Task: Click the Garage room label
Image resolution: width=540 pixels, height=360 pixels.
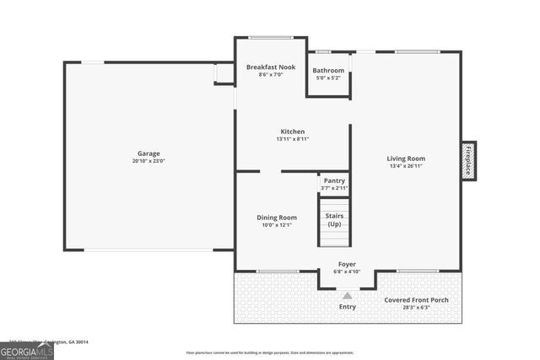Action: tap(148, 153)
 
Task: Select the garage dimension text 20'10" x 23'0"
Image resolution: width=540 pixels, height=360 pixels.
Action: tap(148, 160)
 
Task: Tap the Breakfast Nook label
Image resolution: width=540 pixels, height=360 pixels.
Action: tap(270, 67)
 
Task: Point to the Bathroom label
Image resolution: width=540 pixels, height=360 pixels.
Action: tap(328, 70)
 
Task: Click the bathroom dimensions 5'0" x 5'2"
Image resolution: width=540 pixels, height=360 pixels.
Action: tap(328, 78)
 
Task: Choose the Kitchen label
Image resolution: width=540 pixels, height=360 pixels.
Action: tap(293, 132)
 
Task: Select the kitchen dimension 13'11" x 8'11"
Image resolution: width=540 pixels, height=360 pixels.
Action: tap(293, 139)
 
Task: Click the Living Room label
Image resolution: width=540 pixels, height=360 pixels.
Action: tap(406, 159)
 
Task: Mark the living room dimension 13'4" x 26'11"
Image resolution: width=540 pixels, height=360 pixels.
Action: tap(406, 166)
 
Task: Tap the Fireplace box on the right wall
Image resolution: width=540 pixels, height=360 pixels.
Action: tap(468, 160)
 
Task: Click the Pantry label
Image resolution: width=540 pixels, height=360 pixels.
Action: tap(334, 180)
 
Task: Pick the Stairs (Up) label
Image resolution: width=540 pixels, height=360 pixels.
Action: tap(334, 220)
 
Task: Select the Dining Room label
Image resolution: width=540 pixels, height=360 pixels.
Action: tap(277, 218)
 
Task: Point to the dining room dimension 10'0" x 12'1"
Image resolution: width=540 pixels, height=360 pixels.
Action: tap(277, 225)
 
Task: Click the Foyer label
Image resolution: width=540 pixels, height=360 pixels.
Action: tap(347, 264)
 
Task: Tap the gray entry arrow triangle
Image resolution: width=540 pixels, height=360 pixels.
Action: tap(347, 295)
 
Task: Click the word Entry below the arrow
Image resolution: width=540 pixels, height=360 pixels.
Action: tap(347, 307)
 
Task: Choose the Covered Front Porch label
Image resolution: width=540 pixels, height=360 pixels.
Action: tap(417, 300)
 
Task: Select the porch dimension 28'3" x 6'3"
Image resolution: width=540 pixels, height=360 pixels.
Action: tap(417, 308)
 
